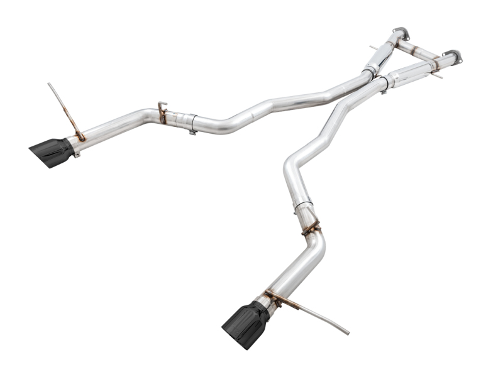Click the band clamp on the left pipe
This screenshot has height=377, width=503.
(x=192, y=123)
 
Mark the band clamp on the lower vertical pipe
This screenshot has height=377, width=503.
(x=303, y=205)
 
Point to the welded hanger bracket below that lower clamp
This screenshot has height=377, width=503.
(x=311, y=228)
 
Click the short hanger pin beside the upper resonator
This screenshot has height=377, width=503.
(x=373, y=48)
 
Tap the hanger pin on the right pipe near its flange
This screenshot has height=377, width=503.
(x=438, y=74)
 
